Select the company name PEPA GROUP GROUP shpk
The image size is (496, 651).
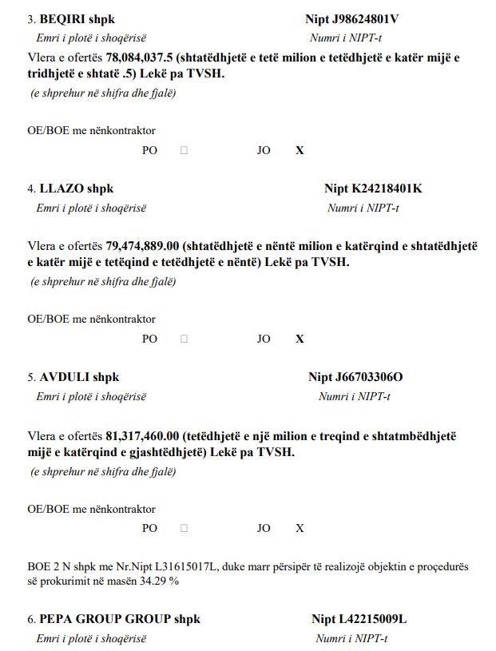120,619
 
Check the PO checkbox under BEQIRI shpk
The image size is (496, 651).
184,150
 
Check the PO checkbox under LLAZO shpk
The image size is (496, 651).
184,339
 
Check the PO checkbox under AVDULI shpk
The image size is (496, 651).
184,528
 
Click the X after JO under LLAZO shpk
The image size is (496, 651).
300,339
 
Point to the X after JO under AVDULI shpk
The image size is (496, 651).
300,528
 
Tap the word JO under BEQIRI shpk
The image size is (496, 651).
264,150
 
